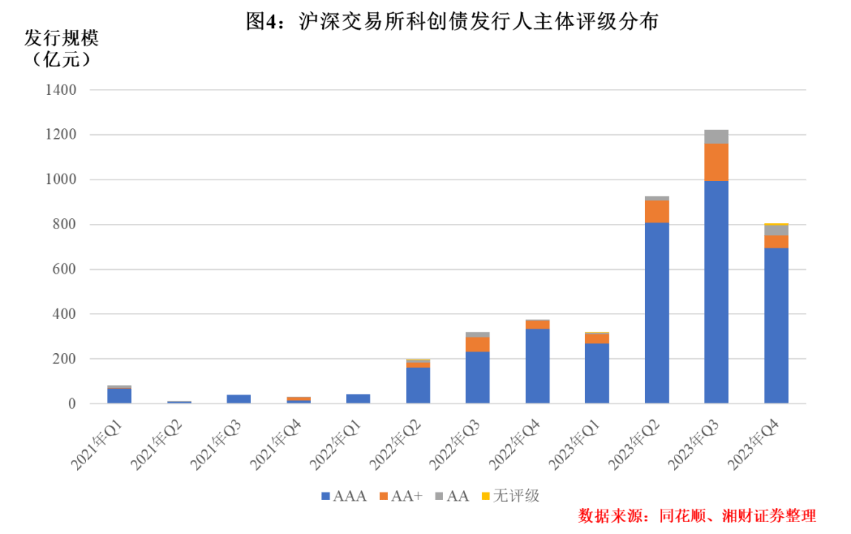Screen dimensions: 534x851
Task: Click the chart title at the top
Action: pyautogui.click(x=452, y=22)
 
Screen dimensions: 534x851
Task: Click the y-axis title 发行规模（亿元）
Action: pyautogui.click(x=61, y=48)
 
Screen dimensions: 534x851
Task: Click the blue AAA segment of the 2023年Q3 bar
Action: pyautogui.click(x=716, y=291)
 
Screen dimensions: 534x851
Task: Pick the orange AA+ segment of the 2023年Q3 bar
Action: pyautogui.click(x=716, y=162)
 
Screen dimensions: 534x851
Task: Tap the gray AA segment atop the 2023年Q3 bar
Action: pyautogui.click(x=716, y=136)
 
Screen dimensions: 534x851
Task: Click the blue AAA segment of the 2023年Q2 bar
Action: pyautogui.click(x=656, y=312)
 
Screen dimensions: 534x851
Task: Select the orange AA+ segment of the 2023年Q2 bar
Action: pyautogui.click(x=656, y=211)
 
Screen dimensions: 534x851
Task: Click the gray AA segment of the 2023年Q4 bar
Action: pyautogui.click(x=776, y=230)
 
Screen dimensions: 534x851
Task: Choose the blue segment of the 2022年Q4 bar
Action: pyautogui.click(x=537, y=366)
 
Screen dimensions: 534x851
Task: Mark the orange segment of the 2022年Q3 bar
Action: pyautogui.click(x=477, y=344)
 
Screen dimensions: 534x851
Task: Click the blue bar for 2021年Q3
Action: pyautogui.click(x=238, y=399)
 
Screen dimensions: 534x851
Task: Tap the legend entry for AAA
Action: pyautogui.click(x=344, y=495)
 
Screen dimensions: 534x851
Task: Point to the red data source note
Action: pyautogui.click(x=696, y=515)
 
